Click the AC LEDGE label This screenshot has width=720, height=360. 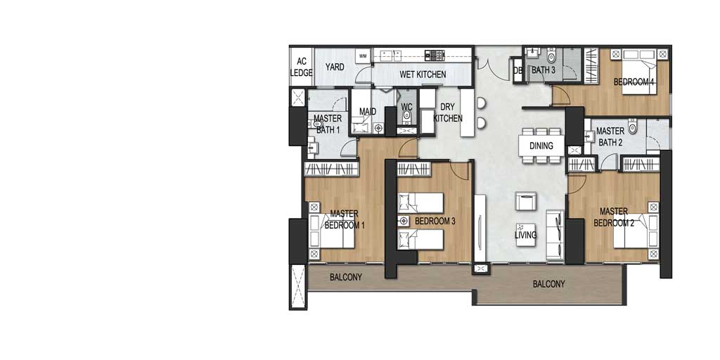point(301,67)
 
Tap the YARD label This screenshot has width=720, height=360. point(335,67)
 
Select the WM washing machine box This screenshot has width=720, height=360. point(363,56)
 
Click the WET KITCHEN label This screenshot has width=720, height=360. point(423,75)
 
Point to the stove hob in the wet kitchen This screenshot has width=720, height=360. point(435,55)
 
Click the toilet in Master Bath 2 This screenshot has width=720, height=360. point(633,126)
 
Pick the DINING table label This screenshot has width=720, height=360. point(541,146)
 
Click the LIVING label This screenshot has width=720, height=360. point(525,235)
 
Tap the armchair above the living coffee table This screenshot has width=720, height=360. point(526,201)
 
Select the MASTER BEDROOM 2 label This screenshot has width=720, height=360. point(614,217)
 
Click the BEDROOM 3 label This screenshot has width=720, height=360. point(435,221)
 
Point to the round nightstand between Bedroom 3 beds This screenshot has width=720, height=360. point(404,221)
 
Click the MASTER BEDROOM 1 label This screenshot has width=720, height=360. point(345,219)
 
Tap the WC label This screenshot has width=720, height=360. point(407,107)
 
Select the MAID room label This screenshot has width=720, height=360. point(368,112)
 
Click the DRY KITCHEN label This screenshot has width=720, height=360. point(448,112)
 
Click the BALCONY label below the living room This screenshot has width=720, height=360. point(548,284)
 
